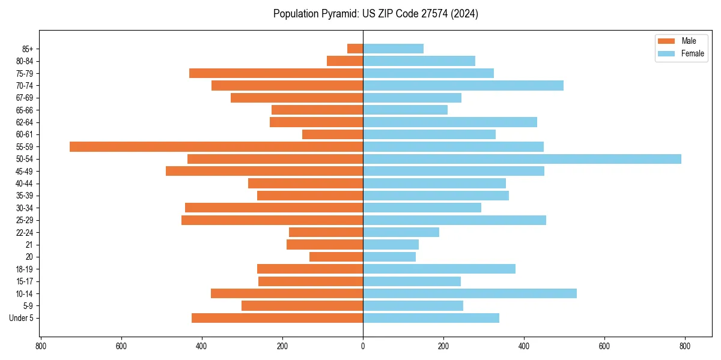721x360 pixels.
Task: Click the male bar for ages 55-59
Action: coord(216,146)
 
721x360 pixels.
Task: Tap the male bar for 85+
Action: coord(355,49)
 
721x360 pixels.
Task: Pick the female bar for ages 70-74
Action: coord(463,85)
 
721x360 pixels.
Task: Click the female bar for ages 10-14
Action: coord(469,293)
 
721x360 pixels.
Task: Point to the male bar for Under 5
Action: coord(277,318)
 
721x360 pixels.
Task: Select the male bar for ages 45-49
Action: coord(264,171)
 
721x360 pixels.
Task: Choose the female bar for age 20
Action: coord(389,257)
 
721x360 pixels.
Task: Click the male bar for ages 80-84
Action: coord(345,61)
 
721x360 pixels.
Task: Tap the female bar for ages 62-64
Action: coord(449,122)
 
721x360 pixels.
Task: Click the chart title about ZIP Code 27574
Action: coord(376,14)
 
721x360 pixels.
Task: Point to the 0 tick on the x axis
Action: coord(363,346)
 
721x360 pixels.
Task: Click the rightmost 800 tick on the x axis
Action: coord(684,346)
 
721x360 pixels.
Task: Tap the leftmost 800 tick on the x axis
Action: coord(41,346)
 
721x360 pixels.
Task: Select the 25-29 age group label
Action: coord(25,220)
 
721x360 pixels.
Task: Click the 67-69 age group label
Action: coord(25,98)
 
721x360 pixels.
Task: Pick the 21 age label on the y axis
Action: coord(29,245)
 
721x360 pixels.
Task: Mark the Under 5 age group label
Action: coord(21,318)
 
